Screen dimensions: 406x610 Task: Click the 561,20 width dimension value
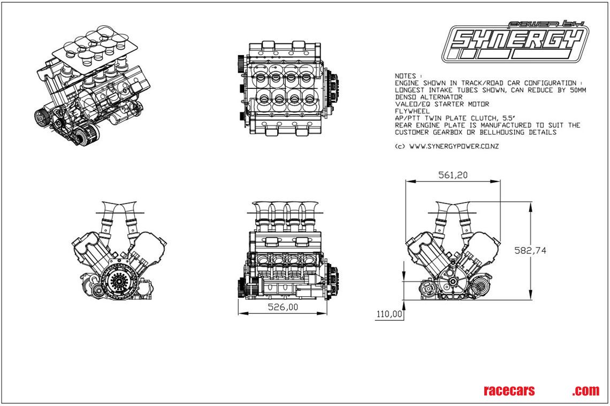(x=452, y=175)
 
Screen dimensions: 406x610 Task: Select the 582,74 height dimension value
(x=530, y=250)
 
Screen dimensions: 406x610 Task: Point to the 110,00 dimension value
(x=389, y=314)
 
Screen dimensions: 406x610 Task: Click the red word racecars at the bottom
(x=508, y=391)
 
